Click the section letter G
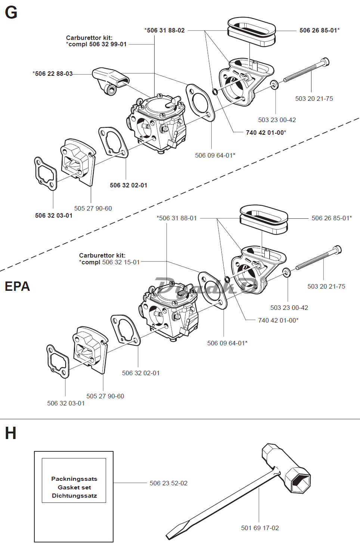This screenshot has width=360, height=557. [11, 12]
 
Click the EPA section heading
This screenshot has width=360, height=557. [17, 286]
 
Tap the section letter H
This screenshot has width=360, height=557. [10, 433]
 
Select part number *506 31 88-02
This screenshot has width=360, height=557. [165, 30]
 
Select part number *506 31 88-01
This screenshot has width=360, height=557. [177, 218]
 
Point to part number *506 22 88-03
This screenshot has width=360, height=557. [53, 74]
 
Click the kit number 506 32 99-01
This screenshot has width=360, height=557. [108, 44]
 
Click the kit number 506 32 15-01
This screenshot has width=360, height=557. [121, 262]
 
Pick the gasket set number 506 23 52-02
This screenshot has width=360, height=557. [168, 483]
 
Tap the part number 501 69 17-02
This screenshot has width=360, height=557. [260, 528]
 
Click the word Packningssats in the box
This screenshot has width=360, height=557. [74, 479]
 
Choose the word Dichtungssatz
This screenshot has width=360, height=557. [74, 495]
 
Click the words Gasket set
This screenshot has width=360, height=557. [74, 487]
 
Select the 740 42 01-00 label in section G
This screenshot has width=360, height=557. [266, 133]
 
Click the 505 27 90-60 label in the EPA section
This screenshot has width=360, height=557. [105, 396]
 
